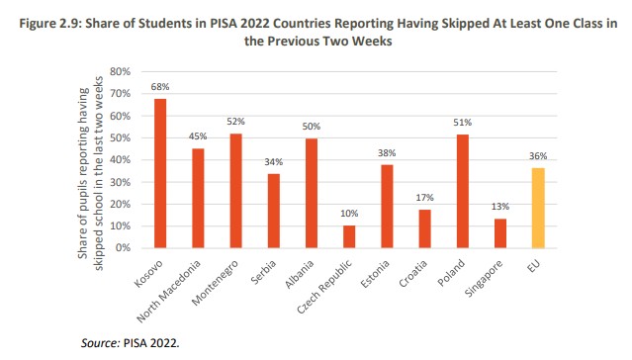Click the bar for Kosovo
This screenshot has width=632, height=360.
click(159, 173)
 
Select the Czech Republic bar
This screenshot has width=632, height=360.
click(348, 236)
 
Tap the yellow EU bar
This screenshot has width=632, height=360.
click(537, 208)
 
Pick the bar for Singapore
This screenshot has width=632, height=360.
click(499, 233)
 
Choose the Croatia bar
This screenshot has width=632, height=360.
click(424, 228)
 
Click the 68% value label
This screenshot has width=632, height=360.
click(159, 87)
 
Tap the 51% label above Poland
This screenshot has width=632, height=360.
click(462, 124)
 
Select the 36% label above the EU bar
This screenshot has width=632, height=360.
click(537, 156)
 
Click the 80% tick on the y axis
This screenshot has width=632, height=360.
click(120, 71)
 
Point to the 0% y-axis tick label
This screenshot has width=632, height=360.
click(124, 247)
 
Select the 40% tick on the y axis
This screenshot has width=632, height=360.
click(120, 159)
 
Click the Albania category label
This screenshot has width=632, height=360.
click(299, 271)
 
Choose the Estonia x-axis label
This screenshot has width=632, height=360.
click(374, 271)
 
